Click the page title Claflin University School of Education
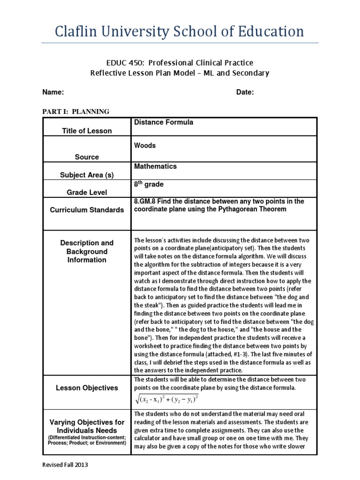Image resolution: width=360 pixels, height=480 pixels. coord(180,32)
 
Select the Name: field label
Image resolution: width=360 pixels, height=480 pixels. coord(53,92)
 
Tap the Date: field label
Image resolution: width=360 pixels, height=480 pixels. coord(245,92)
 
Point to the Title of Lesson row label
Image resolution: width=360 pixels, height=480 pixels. coord(87,131)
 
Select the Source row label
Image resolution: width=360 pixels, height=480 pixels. coord(87,157)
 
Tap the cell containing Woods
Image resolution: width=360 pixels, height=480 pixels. coord(145,145)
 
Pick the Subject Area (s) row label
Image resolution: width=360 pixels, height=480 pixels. coord(87,175)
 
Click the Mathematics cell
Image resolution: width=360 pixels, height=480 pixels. coord(155,166)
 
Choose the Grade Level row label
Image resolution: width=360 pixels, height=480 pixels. coord(87,192)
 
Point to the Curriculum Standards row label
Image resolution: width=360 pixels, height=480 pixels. coord(87,210)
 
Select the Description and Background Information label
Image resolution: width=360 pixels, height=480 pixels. coord(87,251)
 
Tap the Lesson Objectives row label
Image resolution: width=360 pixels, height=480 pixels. coord(87,388)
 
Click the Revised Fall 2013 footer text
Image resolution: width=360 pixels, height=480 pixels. coord(65,465)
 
